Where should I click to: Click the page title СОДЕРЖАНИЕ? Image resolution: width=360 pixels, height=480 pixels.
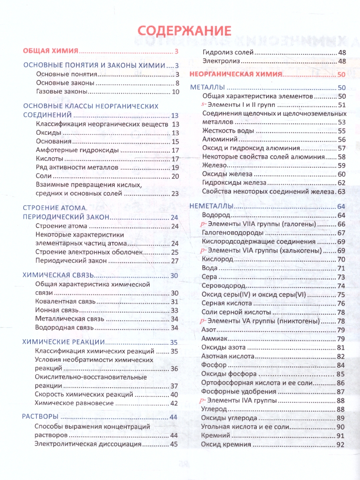click(184, 31)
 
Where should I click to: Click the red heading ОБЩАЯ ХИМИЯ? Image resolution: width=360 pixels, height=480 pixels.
click(50, 51)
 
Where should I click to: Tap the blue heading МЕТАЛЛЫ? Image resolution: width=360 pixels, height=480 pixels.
click(208, 88)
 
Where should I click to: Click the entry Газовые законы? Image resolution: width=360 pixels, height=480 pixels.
click(62, 92)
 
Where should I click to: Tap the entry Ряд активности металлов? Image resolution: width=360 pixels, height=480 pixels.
click(77, 167)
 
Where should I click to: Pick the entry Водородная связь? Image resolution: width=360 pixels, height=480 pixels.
click(64, 327)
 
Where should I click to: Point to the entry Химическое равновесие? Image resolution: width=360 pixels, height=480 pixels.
click(74, 403)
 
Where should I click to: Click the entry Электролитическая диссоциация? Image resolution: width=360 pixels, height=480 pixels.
click(88, 444)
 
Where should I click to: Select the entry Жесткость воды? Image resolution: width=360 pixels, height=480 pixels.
click(228, 131)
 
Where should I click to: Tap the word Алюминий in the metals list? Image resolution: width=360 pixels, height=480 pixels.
click(220, 139)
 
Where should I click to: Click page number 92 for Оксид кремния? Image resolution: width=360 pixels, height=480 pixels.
click(341, 444)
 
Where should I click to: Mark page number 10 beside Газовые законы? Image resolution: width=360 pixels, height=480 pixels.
click(176, 92)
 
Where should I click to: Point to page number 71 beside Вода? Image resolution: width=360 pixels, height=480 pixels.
click(341, 268)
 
